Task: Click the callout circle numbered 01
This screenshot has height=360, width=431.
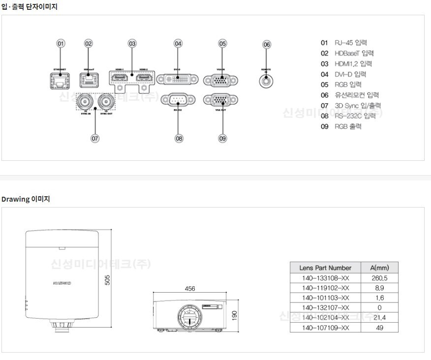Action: point(61,43)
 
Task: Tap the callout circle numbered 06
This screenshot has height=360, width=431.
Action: point(267,44)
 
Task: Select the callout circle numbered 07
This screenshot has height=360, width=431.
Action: point(95,138)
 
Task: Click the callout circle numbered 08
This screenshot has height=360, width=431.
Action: point(179,138)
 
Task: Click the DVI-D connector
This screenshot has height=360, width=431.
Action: point(178,80)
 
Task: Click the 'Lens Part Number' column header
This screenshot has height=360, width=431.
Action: point(325,268)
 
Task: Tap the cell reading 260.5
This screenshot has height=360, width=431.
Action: point(379,278)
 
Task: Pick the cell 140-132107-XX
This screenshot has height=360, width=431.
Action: point(325,307)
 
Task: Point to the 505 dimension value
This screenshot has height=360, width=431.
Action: point(108,279)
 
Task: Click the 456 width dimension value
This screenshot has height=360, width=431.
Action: point(190,289)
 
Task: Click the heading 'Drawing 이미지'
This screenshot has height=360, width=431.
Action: point(26,199)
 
